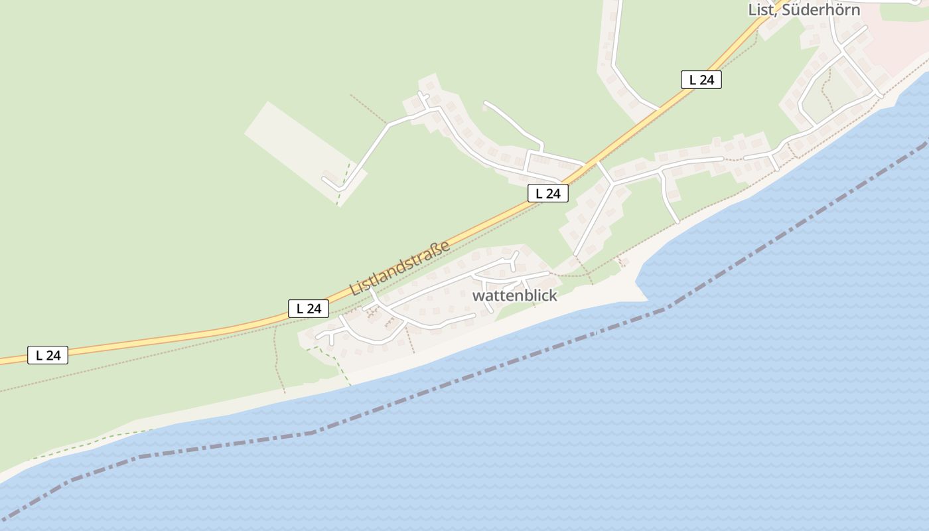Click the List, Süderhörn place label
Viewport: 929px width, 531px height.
click(x=804, y=10)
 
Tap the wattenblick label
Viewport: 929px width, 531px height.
click(x=514, y=296)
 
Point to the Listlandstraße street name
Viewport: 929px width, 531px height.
click(x=399, y=268)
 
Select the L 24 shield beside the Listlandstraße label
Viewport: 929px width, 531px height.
click(x=309, y=309)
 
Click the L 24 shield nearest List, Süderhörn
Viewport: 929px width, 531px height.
click(x=701, y=80)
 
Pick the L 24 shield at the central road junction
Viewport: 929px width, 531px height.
click(x=547, y=193)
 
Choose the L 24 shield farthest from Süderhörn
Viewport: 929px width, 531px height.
click(x=48, y=355)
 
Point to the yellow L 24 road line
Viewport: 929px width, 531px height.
click(x=199, y=334)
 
